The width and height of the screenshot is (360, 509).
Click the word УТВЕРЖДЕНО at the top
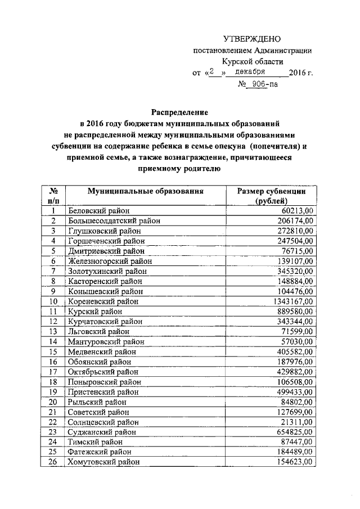tap(252, 38)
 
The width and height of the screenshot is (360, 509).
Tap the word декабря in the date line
tap(250, 73)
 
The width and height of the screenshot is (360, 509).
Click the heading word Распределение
tap(179, 111)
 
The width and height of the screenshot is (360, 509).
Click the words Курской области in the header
tap(252, 61)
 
